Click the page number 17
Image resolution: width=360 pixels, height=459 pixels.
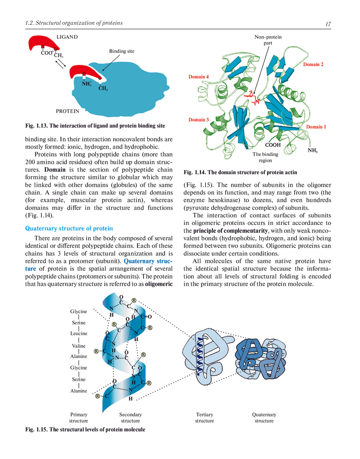(x=328, y=24)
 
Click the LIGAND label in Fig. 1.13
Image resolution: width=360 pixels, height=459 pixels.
(x=67, y=37)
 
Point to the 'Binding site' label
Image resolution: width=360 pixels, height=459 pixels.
(x=122, y=51)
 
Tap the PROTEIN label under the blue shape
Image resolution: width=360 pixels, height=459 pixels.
(x=67, y=111)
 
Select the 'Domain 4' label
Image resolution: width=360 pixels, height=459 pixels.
(x=198, y=77)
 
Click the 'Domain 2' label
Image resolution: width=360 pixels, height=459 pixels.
(x=313, y=64)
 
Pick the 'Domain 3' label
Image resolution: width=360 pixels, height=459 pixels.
(x=198, y=120)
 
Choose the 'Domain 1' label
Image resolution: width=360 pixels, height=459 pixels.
(x=316, y=127)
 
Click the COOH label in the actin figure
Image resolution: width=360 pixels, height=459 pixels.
(x=273, y=145)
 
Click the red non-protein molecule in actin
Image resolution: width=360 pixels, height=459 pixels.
(x=253, y=98)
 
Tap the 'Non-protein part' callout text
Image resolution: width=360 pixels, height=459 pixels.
(x=268, y=40)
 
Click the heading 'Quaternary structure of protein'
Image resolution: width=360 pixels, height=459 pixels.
(x=69, y=229)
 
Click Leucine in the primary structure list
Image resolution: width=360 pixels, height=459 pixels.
(x=78, y=333)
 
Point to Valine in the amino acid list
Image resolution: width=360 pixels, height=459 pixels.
(x=78, y=346)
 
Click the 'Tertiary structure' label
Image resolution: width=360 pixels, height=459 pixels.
(x=204, y=418)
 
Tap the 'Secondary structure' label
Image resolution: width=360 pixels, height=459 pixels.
(x=130, y=418)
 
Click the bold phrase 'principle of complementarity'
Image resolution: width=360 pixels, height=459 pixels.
(x=230, y=231)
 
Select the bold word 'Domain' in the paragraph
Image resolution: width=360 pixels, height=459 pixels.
(x=55, y=170)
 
